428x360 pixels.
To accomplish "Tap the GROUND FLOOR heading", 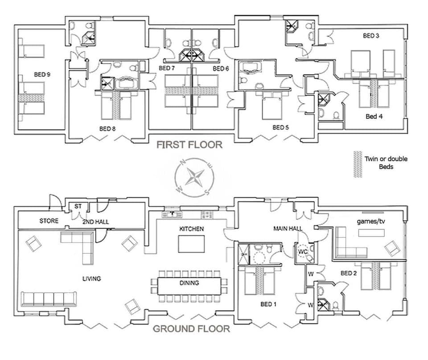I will coord(192,329).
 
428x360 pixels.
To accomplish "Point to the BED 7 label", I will coord(166,68).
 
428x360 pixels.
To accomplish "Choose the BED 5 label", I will coord(281,127).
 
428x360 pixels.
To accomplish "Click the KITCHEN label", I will coord(191,229).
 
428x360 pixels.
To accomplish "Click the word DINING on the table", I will coord(189,283).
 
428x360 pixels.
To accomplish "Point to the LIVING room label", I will coord(91,278).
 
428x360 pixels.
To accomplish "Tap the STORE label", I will coord(49,221).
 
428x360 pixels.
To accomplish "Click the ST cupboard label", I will coord(78,206).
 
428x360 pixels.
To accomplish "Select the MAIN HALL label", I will coord(288,229).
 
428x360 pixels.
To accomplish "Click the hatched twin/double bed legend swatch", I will coord(357,164).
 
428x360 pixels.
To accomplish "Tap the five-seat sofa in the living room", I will coord(49,299).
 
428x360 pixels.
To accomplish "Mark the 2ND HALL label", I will coord(95,221).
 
